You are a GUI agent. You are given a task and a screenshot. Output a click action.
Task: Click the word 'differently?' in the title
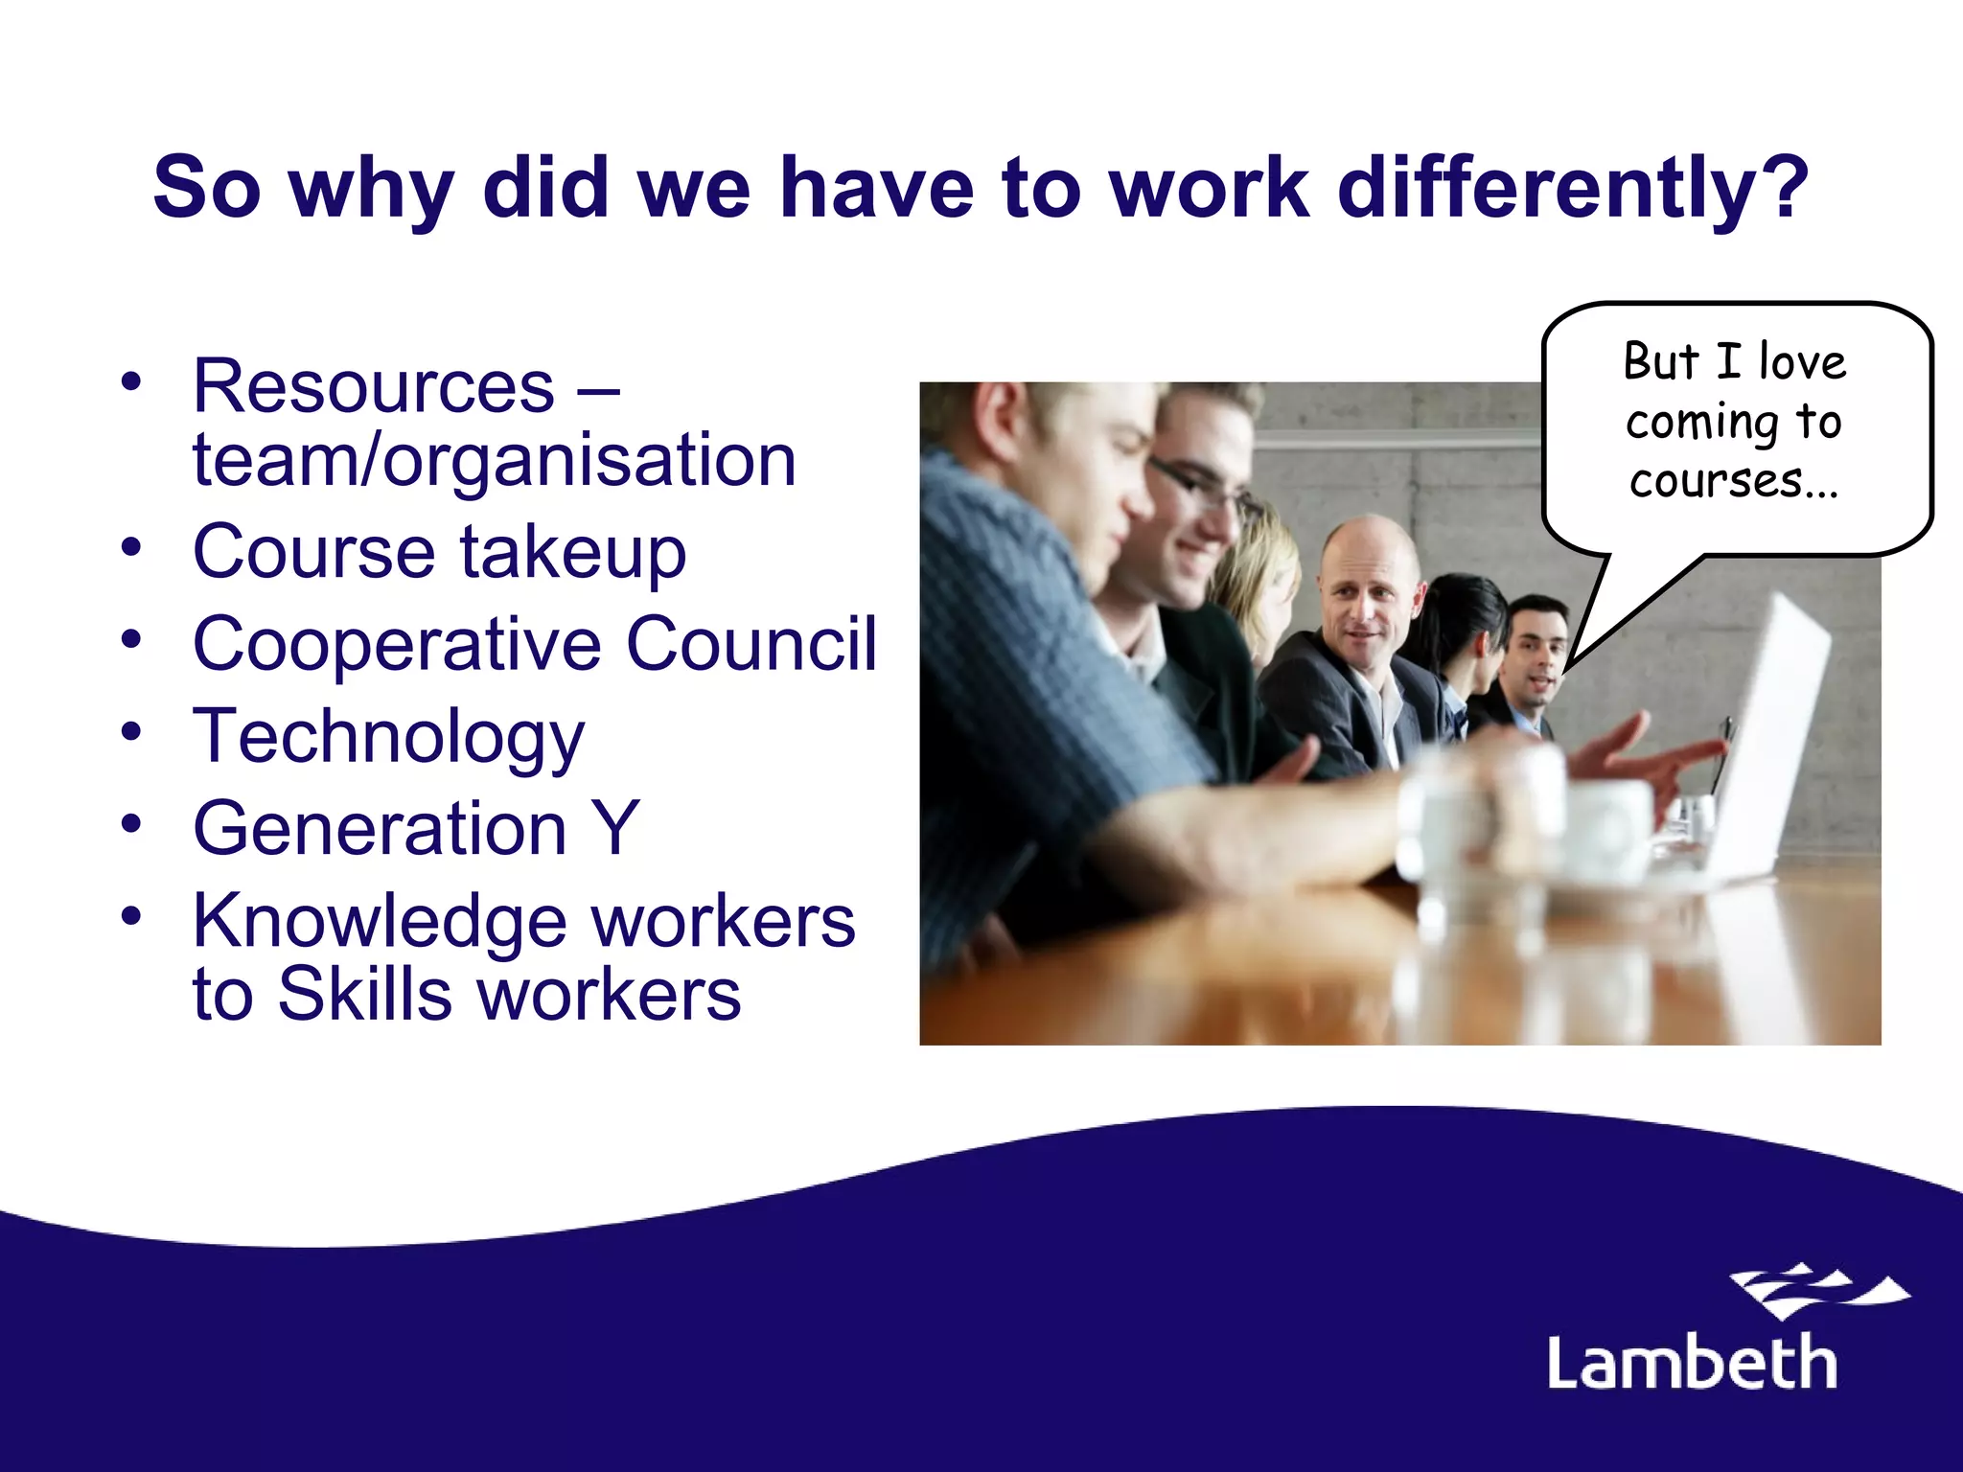[x=1573, y=188]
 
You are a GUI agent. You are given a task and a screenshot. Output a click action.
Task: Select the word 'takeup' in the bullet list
[x=573, y=554]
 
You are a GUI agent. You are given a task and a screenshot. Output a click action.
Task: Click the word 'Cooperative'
[x=397, y=644]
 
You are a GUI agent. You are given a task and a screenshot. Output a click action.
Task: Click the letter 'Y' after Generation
[x=615, y=829]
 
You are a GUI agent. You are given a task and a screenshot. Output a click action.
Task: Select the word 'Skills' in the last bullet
[x=364, y=995]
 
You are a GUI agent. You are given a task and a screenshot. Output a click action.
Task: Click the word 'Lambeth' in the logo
[x=1693, y=1363]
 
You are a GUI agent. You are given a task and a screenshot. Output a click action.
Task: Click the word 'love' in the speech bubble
[x=1802, y=362]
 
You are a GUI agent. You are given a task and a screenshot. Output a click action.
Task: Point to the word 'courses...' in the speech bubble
[x=1734, y=481]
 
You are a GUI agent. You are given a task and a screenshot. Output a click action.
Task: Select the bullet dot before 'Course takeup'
[x=131, y=546]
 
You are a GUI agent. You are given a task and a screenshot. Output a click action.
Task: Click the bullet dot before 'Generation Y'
[x=131, y=822]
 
